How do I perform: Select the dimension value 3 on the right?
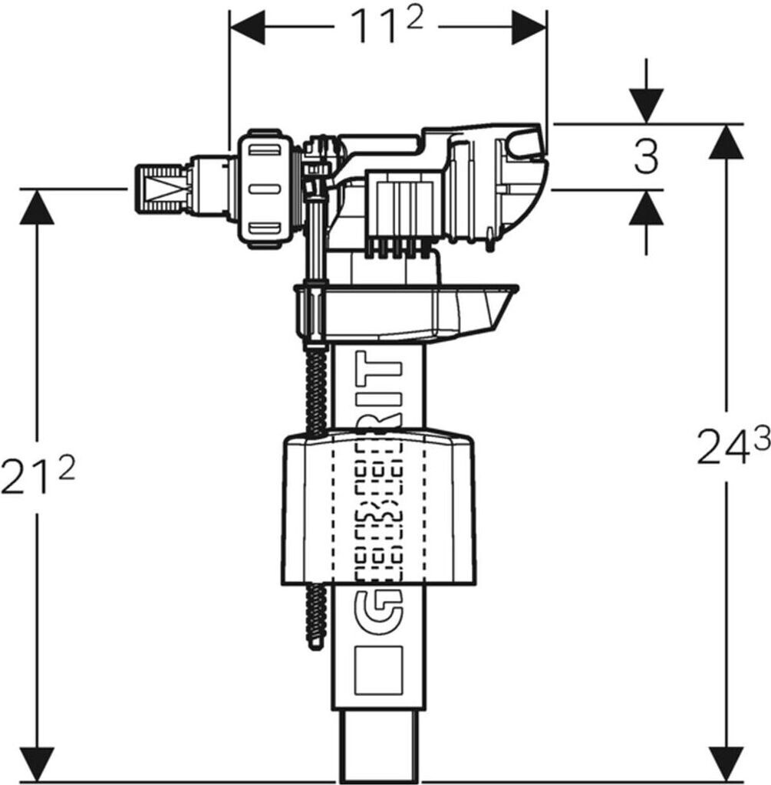(x=647, y=157)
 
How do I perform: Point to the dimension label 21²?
(x=38, y=476)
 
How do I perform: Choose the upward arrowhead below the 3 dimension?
(x=647, y=209)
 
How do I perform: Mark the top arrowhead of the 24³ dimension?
(x=727, y=142)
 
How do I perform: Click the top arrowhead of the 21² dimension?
(x=37, y=207)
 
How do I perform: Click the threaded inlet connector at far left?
(x=162, y=189)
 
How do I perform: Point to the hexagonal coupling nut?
(x=267, y=188)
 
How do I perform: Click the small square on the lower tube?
(x=379, y=668)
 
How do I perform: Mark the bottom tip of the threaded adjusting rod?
(x=313, y=643)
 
